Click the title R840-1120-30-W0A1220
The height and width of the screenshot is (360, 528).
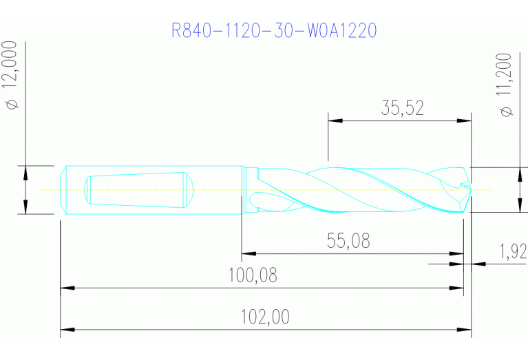click(x=275, y=31)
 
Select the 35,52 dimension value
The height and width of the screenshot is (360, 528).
click(x=402, y=107)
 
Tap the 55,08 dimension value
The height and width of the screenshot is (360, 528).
click(x=348, y=241)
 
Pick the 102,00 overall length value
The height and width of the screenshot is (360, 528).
click(x=265, y=317)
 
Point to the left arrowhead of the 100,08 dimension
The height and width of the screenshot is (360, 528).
click(x=67, y=288)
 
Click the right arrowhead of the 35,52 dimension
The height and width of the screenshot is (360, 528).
click(x=465, y=120)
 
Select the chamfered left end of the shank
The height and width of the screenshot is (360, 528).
click(x=63, y=189)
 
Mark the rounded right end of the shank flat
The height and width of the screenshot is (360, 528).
click(x=189, y=189)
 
